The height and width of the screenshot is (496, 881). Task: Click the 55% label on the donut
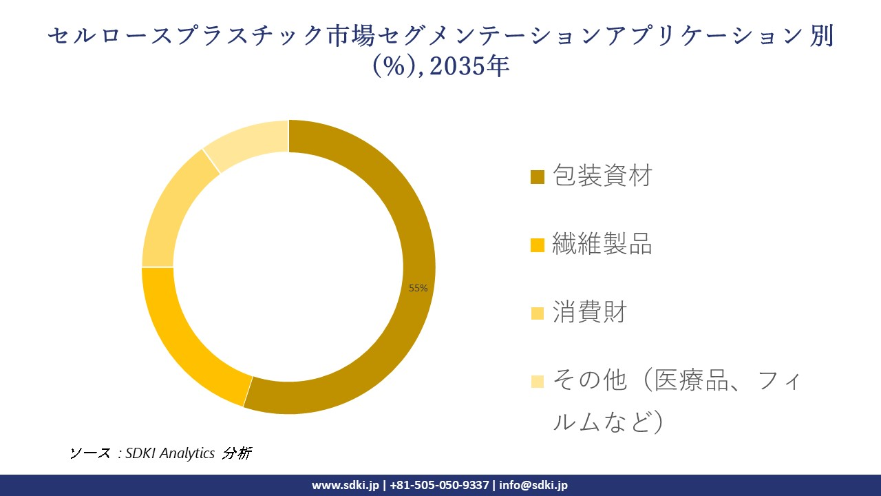point(418,288)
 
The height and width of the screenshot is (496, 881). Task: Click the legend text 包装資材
point(602,176)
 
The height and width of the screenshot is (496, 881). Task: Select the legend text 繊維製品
point(602,244)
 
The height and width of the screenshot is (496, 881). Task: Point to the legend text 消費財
point(590,312)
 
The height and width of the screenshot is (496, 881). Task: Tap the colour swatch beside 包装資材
point(538,177)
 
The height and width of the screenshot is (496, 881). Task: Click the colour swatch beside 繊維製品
point(538,245)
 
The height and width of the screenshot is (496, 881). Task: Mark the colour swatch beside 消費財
point(538,313)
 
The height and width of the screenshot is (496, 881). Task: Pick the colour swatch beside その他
point(538,380)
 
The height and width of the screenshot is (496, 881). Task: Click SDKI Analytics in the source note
point(171,453)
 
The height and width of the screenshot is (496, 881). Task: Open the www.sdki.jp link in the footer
point(346,485)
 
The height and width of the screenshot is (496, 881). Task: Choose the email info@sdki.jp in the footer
point(533,485)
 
